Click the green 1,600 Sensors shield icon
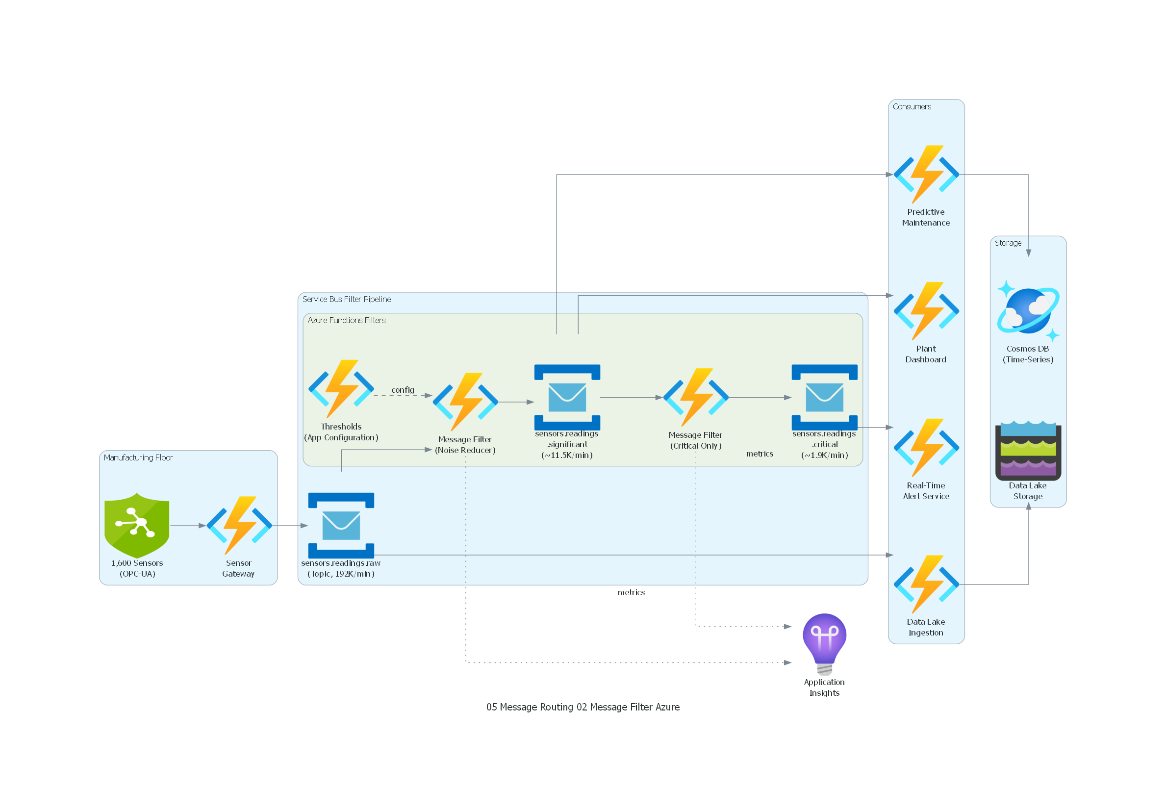pos(137,525)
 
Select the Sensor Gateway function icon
pos(239,525)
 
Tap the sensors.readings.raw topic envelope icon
pos(341,525)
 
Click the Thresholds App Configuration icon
pos(341,388)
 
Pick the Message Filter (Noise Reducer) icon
pos(465,401)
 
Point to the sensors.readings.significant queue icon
pos(567,397)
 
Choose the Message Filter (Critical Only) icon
pos(695,397)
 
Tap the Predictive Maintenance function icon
pos(926,174)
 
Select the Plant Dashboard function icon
pos(926,311)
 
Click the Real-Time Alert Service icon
pos(926,447)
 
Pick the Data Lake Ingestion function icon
pos(926,584)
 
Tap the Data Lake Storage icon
pos(1028,450)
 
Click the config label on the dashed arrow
pos(402,389)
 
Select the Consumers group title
pos(912,106)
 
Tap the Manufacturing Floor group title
pos(138,457)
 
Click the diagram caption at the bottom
pos(583,707)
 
